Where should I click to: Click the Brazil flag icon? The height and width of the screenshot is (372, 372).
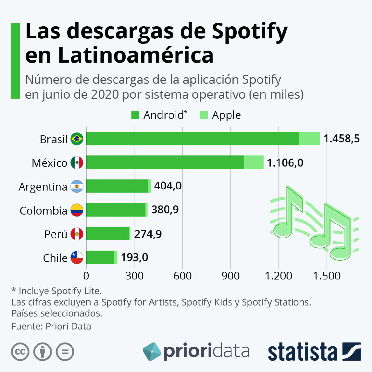click(77, 139)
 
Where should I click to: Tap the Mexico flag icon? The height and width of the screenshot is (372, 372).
click(77, 162)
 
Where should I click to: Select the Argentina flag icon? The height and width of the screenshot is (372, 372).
click(77, 186)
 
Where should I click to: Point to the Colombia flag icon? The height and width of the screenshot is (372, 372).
click(77, 210)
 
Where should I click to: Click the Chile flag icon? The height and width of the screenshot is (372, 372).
click(77, 258)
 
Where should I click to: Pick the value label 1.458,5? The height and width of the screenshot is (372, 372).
click(341, 139)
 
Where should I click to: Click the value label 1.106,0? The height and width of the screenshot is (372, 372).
click(285, 162)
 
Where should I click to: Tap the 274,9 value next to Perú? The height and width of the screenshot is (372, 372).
click(148, 234)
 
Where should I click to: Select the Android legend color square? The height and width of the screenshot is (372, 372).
click(135, 115)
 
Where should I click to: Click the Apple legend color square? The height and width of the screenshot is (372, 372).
click(203, 115)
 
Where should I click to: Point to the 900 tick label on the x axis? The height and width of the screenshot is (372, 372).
click(231, 276)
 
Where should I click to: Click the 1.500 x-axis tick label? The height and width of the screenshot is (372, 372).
click(327, 276)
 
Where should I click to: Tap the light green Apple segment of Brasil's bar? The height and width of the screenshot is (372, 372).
click(309, 139)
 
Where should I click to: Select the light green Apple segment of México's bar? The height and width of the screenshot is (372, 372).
click(253, 162)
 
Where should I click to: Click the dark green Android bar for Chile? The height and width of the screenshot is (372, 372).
click(100, 257)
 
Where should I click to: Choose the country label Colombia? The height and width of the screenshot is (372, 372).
click(43, 210)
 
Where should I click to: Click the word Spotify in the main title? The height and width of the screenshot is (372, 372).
click(250, 32)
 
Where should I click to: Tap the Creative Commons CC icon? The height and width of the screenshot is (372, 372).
click(20, 352)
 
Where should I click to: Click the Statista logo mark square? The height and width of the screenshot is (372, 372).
click(351, 351)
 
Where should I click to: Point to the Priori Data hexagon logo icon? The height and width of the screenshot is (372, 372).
click(152, 351)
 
